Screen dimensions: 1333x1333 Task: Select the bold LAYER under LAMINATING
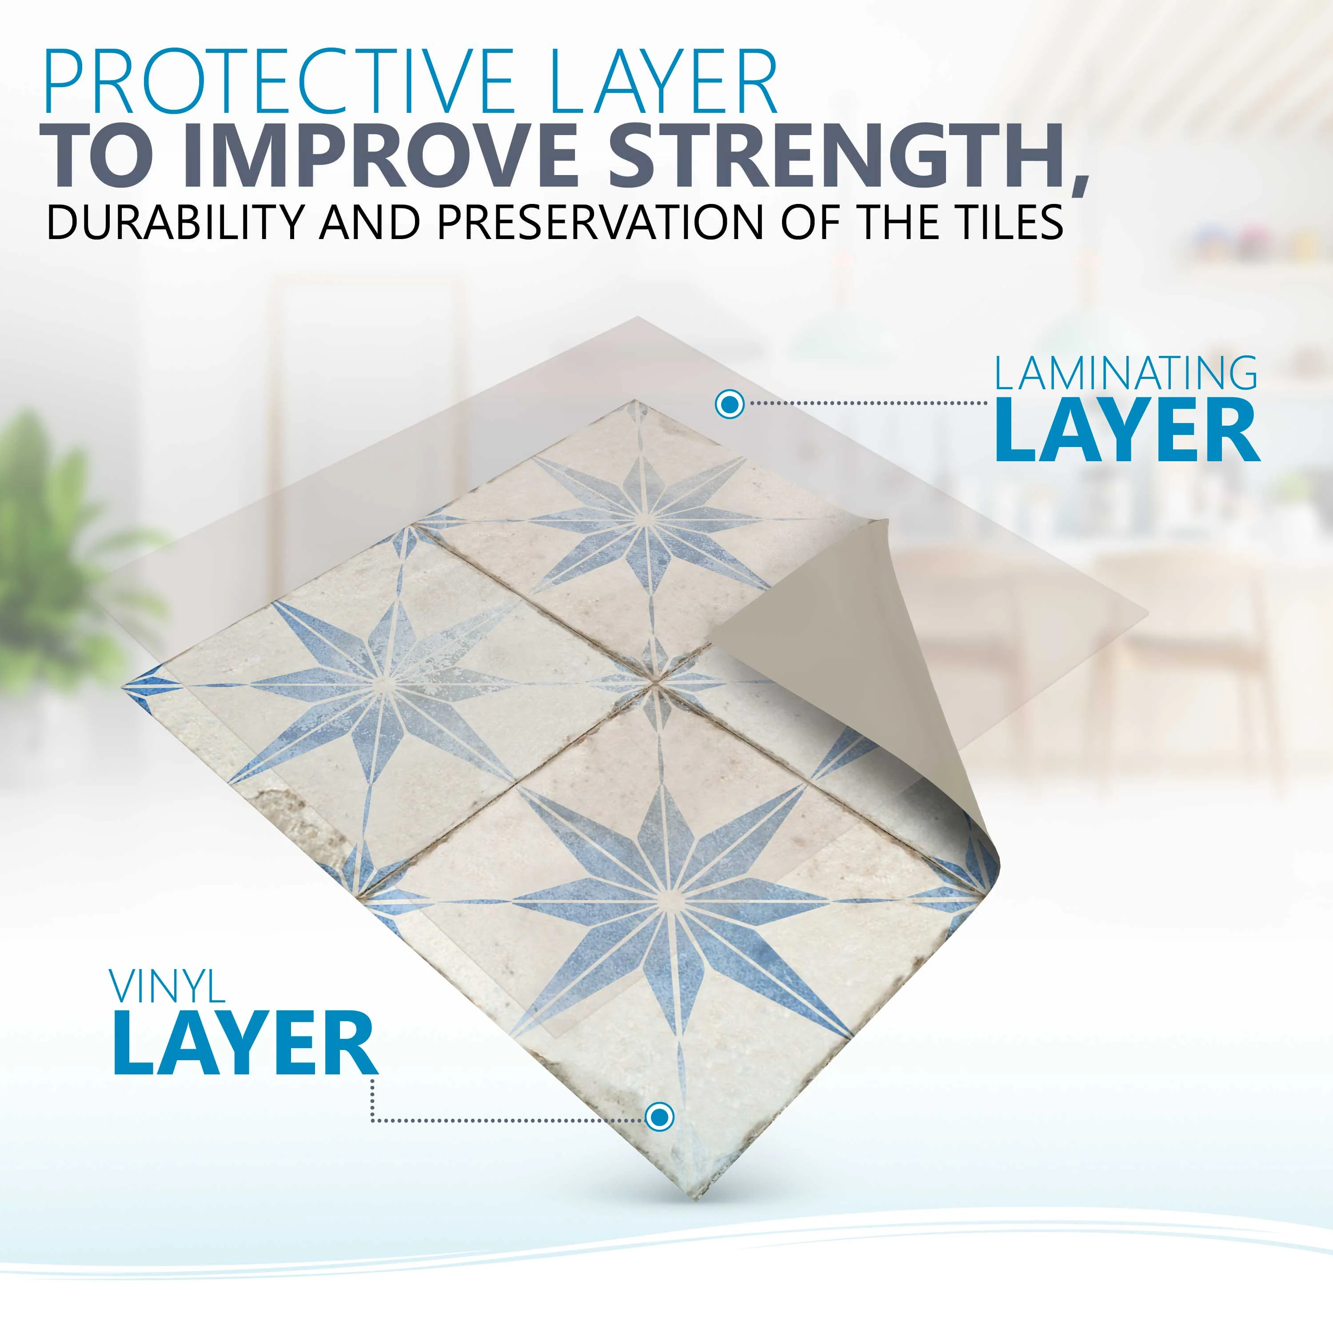[1127, 431]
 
